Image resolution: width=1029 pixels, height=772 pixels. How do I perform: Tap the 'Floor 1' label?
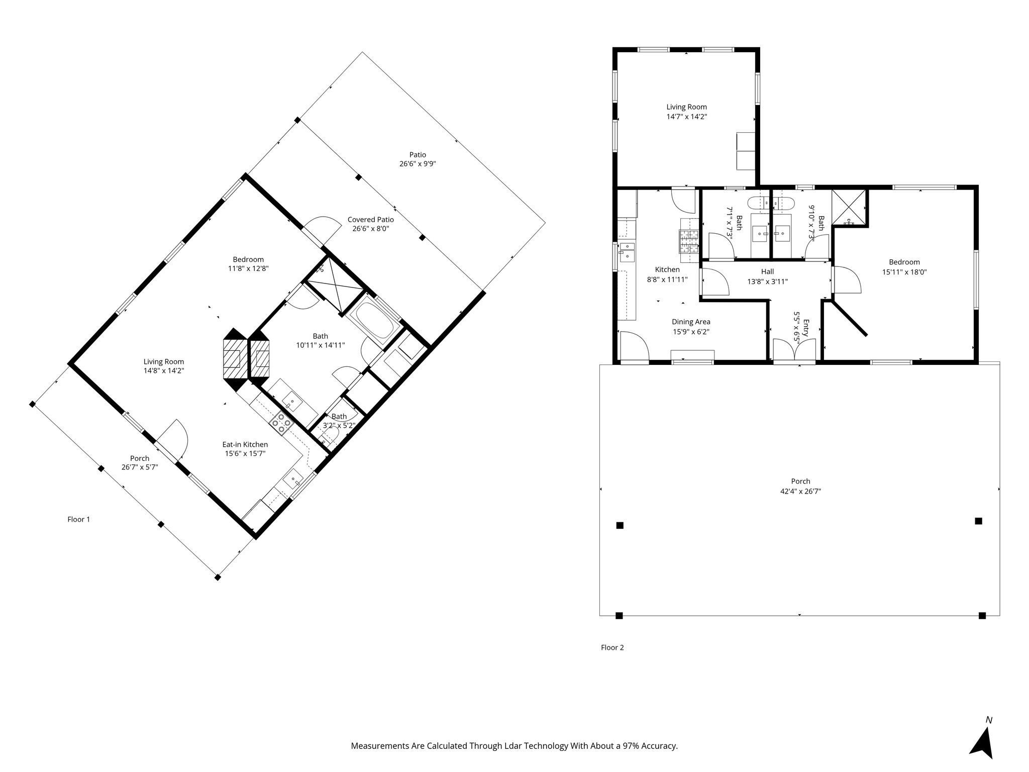79,519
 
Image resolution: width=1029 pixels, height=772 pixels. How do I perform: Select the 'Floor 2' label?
612,647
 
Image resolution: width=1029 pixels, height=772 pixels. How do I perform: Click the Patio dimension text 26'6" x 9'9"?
418,164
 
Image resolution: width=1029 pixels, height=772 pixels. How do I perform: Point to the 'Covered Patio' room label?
371,220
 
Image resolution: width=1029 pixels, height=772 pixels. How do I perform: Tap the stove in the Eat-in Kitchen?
282,423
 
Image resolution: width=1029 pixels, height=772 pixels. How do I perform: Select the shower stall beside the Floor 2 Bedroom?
849,207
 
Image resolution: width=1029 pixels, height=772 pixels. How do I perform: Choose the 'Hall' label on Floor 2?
767,271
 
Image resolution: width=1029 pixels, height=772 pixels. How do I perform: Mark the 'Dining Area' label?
691,322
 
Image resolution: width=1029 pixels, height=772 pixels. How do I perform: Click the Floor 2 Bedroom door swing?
847,280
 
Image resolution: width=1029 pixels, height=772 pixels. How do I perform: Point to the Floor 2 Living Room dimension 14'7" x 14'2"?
686,117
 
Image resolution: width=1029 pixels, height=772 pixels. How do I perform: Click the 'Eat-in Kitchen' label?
245,444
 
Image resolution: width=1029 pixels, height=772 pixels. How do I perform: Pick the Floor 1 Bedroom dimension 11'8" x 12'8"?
248,268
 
